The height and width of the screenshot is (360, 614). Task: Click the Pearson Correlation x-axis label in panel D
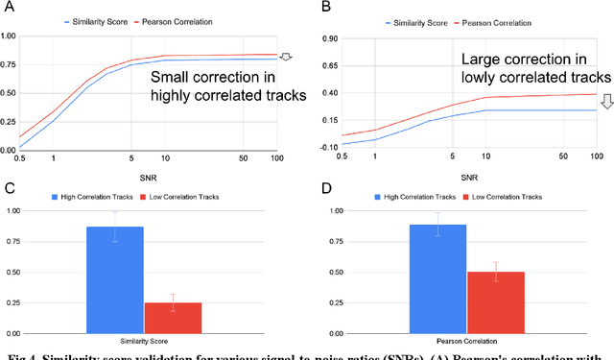pyautogui.click(x=466, y=339)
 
